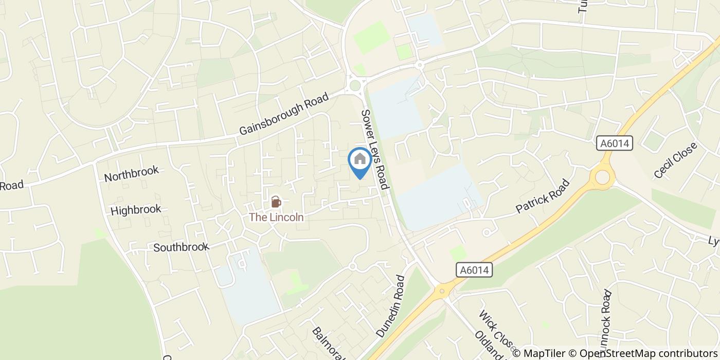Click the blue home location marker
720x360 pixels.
point(360,160)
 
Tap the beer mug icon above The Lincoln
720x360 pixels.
point(276,202)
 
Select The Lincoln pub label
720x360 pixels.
point(276,218)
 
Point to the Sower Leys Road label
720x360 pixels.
point(374,149)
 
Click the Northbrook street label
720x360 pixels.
point(131,174)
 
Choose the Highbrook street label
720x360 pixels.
point(136,210)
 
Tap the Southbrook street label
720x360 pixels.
point(181,247)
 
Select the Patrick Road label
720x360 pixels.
point(543,196)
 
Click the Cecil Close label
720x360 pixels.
point(675,160)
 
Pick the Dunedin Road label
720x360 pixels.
point(391,306)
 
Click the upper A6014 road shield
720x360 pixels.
point(615,143)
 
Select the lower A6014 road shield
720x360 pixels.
point(474,270)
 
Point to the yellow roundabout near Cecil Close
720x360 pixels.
point(602,178)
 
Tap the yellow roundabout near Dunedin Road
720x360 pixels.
point(441,292)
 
